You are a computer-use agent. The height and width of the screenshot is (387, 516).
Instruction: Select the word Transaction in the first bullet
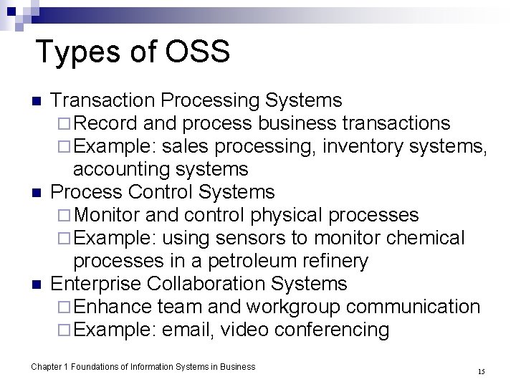104,100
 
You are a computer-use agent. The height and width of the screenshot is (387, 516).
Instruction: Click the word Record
105,123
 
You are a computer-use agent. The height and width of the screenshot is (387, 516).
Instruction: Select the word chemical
426,238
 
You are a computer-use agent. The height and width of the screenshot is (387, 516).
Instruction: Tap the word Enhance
113,307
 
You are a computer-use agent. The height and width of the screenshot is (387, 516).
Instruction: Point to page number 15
481,371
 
